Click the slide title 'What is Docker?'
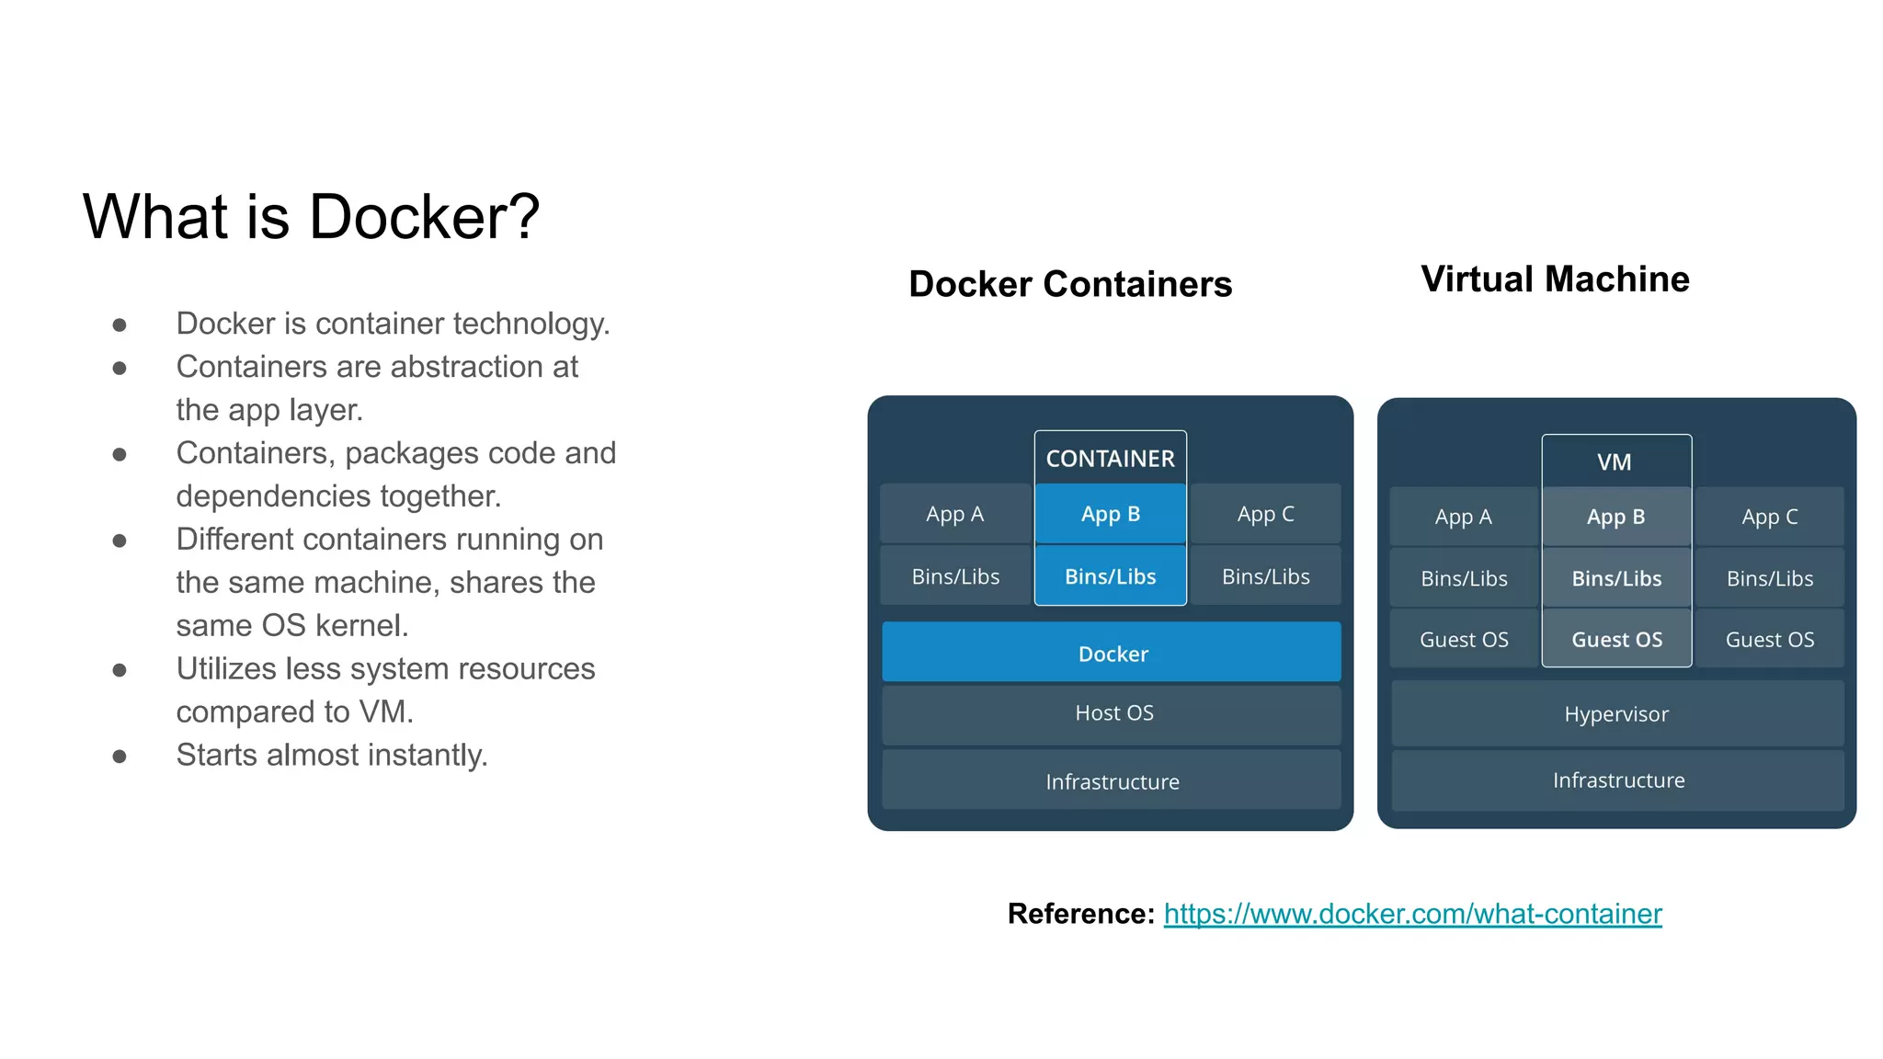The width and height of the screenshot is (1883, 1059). (311, 217)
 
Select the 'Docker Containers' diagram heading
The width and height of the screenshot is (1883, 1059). (1070, 284)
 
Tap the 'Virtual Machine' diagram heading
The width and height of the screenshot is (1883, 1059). (1555, 279)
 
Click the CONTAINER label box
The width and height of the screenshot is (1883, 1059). (1111, 458)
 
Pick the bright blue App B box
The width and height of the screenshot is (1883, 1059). (1111, 514)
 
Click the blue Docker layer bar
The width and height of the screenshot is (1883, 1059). (1112, 653)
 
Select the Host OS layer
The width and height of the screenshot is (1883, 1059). (1112, 714)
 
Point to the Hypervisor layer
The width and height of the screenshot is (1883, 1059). (1617, 713)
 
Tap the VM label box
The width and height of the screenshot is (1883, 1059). (1616, 461)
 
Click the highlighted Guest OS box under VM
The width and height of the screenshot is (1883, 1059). (1616, 639)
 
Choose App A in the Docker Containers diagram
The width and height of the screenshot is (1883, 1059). (955, 514)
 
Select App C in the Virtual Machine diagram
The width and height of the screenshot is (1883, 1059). (1770, 517)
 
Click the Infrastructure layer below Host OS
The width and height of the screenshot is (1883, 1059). (1112, 780)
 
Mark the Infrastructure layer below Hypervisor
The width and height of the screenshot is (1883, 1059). (1617, 780)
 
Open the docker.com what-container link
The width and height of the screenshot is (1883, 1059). (1412, 914)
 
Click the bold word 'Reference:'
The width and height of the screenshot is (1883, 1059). (1081, 914)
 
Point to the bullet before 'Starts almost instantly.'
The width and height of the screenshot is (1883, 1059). (120, 757)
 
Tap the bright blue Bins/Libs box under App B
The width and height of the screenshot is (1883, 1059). (1111, 575)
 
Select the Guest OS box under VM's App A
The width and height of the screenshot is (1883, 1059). (1464, 639)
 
